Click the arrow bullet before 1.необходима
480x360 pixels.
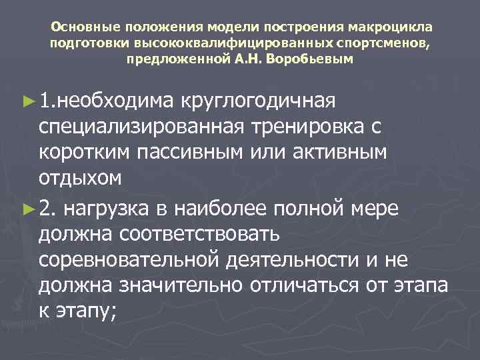point(27,100)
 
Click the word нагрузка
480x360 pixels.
point(113,209)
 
